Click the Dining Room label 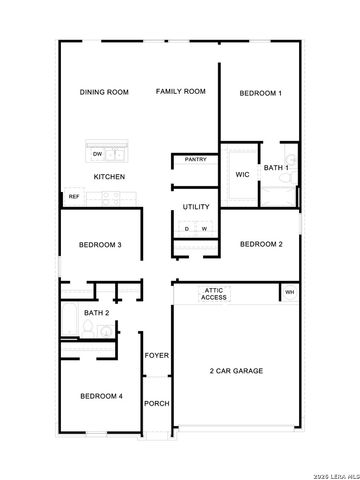[x=105, y=92]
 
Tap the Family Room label [x=180, y=92]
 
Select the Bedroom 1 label [x=260, y=93]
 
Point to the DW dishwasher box [x=97, y=154]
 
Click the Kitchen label [x=109, y=177]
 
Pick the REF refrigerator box [x=73, y=197]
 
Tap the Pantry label [x=195, y=159]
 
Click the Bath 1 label [x=276, y=168]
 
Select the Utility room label [x=196, y=207]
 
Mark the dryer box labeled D [x=186, y=229]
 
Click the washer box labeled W [x=204, y=229]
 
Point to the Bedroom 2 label [x=260, y=244]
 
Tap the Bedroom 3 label [x=101, y=245]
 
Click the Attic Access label [x=214, y=293]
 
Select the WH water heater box [x=289, y=293]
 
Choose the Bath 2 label [x=96, y=313]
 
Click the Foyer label [x=156, y=356]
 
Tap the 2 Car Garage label [x=236, y=371]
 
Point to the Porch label [x=156, y=404]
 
